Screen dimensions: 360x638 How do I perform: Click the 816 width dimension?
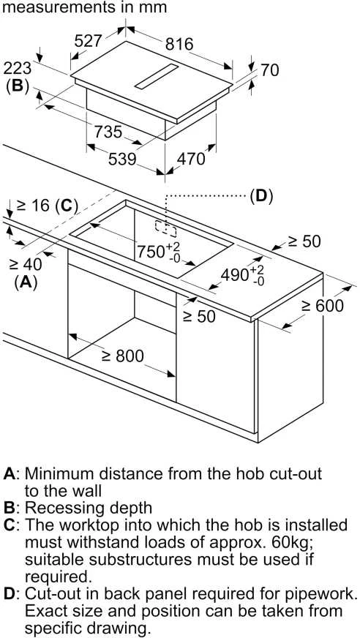pyautogui.click(x=179, y=44)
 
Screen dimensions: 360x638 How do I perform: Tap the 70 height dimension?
pyautogui.click(x=270, y=70)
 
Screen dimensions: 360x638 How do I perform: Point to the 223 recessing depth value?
pyautogui.click(x=17, y=70)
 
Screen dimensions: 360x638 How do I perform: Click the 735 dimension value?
pyautogui.click(x=108, y=132)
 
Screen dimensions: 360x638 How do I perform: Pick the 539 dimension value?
pyautogui.click(x=122, y=159)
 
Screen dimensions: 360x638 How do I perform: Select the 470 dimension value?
pyautogui.click(x=191, y=159)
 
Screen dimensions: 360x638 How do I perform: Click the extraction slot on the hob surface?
pyautogui.click(x=157, y=76)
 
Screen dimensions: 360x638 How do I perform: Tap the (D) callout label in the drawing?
pyautogui.click(x=260, y=197)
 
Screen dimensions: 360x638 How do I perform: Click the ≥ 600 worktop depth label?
pyautogui.click(x=322, y=306)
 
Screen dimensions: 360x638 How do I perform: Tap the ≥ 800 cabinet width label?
pyautogui.click(x=122, y=356)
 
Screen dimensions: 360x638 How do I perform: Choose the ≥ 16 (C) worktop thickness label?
pyautogui.click(x=47, y=206)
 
